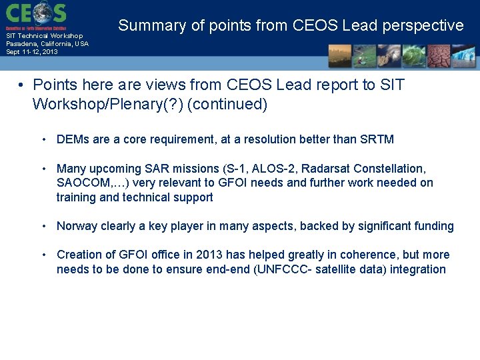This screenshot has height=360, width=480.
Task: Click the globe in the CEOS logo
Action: point(41,13)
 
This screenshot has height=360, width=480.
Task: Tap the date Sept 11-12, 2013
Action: point(31,51)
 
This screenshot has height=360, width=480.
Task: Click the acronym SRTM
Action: point(377,139)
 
